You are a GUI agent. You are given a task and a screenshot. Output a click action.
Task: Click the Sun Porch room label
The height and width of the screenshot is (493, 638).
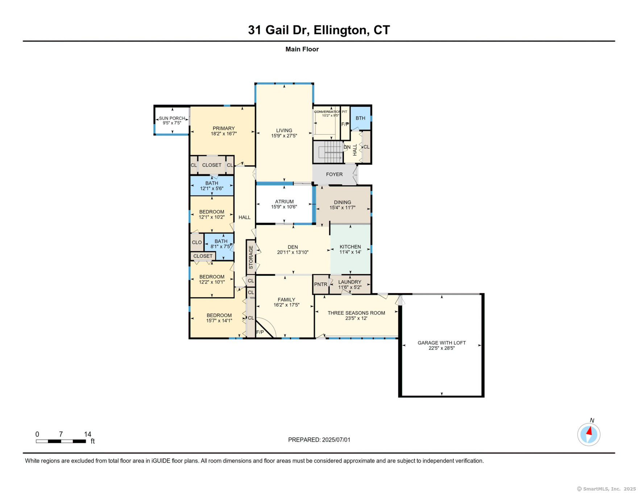[172, 118]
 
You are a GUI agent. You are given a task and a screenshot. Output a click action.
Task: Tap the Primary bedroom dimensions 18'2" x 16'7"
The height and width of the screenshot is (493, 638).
[224, 134]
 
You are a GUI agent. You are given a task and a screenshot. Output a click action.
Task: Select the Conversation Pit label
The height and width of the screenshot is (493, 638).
[330, 112]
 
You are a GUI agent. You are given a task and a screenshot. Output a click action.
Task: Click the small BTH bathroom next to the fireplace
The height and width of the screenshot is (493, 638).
[360, 118]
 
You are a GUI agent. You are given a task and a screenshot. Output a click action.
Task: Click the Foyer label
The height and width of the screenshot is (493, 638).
[334, 174]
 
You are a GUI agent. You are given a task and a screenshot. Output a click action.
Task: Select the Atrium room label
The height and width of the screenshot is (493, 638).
[284, 202]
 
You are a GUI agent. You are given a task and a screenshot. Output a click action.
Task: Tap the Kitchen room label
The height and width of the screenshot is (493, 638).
[350, 247]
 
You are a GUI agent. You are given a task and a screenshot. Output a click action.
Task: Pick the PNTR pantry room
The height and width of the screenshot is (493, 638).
[320, 285]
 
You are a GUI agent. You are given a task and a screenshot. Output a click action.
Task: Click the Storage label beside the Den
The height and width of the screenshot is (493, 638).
[251, 257]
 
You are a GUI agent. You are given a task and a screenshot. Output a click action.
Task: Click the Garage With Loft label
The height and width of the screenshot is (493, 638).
[442, 343]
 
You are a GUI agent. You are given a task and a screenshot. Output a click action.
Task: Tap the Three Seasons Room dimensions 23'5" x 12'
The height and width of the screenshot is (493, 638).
[356, 319]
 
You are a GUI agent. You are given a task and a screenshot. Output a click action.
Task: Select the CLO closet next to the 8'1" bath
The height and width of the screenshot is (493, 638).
[197, 243]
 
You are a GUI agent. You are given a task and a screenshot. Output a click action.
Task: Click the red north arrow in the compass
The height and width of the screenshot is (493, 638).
[589, 431]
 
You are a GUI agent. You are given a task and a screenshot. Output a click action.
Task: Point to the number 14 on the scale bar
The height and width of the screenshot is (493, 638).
[88, 434]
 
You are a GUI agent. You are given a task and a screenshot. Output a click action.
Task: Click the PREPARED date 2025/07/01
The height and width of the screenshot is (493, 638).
[336, 440]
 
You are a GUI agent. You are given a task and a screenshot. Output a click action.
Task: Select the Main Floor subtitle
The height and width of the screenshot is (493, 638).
[302, 49]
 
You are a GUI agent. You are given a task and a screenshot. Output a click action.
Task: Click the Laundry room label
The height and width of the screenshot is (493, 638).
[350, 282]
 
